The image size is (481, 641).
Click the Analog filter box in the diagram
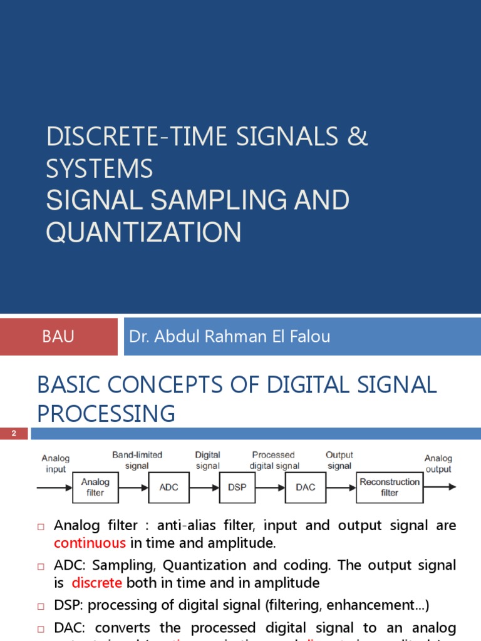95,487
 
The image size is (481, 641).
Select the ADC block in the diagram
169,487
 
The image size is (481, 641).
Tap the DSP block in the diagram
237,487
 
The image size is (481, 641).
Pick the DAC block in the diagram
306,487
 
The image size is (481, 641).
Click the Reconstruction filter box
390,487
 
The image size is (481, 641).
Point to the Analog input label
56,464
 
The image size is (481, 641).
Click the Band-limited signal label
137,460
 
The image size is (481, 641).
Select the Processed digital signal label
274,460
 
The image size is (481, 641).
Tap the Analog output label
438,464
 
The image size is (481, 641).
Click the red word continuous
90,543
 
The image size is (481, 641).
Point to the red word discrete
96,583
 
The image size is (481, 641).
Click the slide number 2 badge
13,434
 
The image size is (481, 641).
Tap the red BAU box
58,337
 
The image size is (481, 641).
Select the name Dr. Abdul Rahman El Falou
229,337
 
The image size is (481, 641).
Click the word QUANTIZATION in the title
143,233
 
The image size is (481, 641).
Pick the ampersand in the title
357,137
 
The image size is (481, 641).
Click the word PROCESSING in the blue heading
106,414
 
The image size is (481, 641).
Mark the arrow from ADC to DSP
205,487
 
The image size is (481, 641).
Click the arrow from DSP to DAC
270,487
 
